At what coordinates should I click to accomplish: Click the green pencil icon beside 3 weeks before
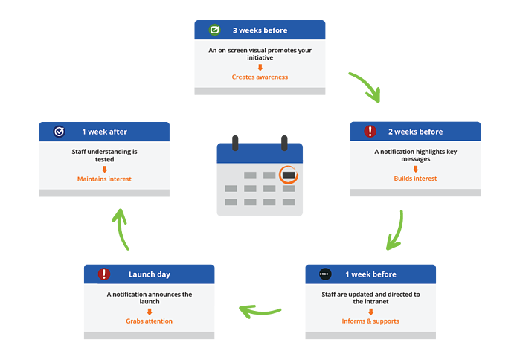pyautogui.click(x=214, y=30)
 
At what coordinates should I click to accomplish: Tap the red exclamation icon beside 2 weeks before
pyautogui.click(x=370, y=131)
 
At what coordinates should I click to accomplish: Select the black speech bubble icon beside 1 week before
pyautogui.click(x=325, y=274)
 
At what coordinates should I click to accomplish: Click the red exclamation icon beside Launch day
pyautogui.click(x=104, y=274)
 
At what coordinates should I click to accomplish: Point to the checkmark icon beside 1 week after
pyautogui.click(x=59, y=132)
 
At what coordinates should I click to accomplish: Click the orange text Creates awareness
pyautogui.click(x=260, y=77)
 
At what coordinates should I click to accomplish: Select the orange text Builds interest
pyautogui.click(x=415, y=179)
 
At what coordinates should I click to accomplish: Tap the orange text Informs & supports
pyautogui.click(x=370, y=321)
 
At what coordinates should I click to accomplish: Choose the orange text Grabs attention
pyautogui.click(x=149, y=321)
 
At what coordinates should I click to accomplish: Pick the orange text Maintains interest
pyautogui.click(x=104, y=179)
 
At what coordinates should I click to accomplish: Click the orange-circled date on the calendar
pyautogui.click(x=289, y=175)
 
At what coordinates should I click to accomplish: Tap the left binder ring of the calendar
pyautogui.click(x=235, y=144)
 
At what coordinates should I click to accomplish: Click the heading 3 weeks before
pyautogui.click(x=260, y=30)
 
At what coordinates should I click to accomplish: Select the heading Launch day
pyautogui.click(x=150, y=274)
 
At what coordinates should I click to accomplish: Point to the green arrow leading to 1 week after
pyautogui.click(x=121, y=229)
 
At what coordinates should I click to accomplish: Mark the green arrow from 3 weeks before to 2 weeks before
pyautogui.click(x=368, y=85)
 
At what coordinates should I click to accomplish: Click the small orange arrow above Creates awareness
pyautogui.click(x=260, y=68)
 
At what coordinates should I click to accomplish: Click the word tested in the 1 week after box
pyautogui.click(x=104, y=159)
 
